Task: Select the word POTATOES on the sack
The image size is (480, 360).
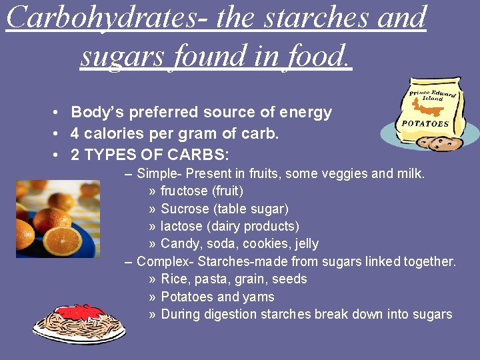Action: pyautogui.click(x=425, y=123)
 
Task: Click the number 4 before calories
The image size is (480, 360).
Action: pyautogui.click(x=75, y=133)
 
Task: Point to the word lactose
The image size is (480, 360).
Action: pyautogui.click(x=181, y=227)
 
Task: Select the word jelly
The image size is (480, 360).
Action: pyautogui.click(x=304, y=244)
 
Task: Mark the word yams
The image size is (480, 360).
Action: pyautogui.click(x=259, y=297)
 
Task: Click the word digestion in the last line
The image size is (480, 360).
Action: pyautogui.click(x=231, y=314)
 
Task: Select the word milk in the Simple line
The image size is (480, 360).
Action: pyautogui.click(x=410, y=174)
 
